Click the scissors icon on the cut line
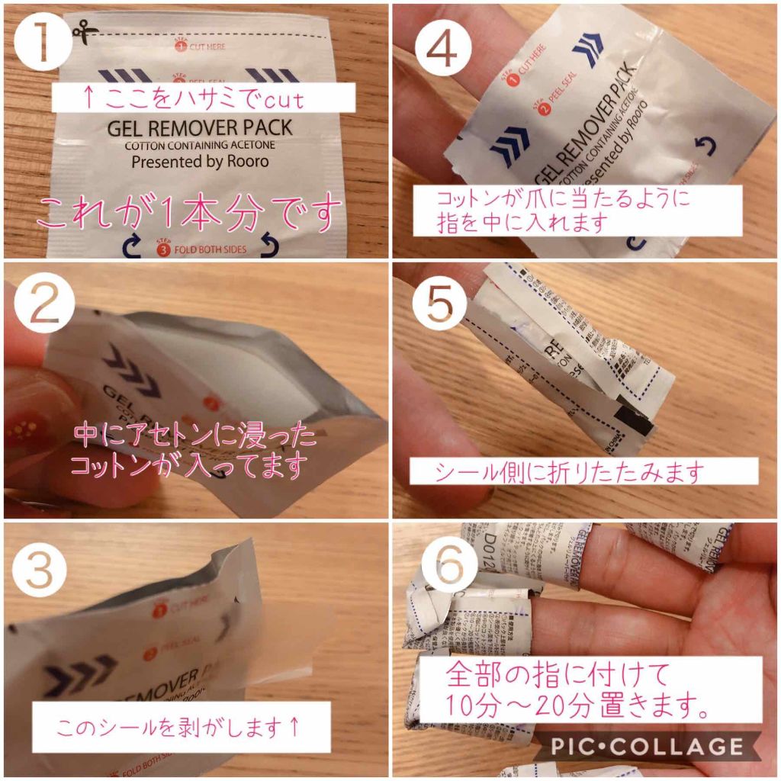coord(81,31)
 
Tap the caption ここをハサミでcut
coord(203,98)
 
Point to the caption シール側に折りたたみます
coord(583,471)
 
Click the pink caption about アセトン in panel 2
coord(194,449)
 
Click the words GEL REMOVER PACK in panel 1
coord(199,128)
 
